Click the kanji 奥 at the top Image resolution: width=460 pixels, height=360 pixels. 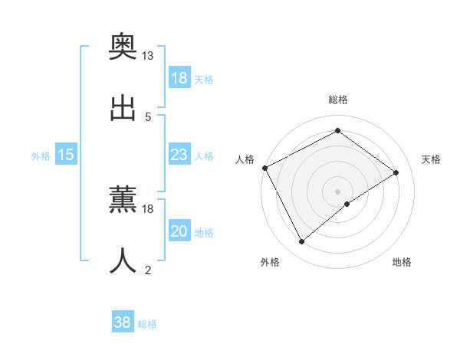tap(123, 46)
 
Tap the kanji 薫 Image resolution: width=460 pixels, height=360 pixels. tap(123, 200)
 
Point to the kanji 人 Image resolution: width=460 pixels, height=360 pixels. tap(123, 260)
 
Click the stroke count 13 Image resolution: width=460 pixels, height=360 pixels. tap(148, 56)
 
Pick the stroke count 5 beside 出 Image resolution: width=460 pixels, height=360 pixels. tap(148, 116)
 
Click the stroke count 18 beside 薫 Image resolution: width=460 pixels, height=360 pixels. tap(148, 208)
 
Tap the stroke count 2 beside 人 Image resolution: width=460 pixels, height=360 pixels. tap(148, 270)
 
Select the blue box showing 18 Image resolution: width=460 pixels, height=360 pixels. tap(179, 78)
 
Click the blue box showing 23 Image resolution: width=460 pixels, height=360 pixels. tap(179, 155)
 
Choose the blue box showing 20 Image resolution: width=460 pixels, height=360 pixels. tap(179, 231)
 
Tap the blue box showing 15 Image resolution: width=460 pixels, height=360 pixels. tap(66, 155)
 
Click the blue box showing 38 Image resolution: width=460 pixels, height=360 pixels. tap(123, 323)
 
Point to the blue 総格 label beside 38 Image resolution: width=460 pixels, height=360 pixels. tap(147, 324)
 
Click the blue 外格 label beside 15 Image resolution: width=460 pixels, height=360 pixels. tap(41, 155)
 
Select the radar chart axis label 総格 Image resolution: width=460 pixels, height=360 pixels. tap(338, 100)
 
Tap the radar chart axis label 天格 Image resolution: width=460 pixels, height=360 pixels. tap(431, 159)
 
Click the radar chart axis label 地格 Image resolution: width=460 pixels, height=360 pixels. tap(402, 262)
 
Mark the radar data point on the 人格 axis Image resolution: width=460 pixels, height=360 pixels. tap(264, 168)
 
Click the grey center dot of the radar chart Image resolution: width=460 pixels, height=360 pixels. tap(338, 191)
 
